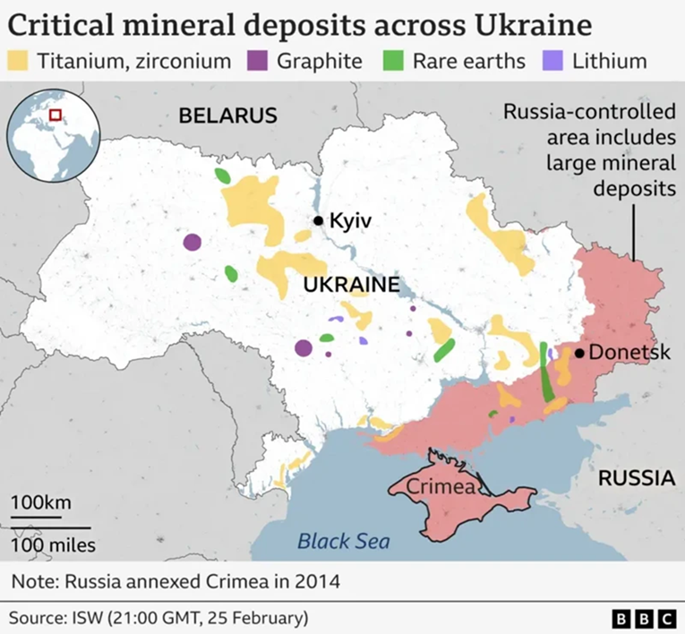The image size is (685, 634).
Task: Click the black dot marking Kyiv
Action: tap(318, 220)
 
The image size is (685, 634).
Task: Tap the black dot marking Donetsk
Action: tap(579, 353)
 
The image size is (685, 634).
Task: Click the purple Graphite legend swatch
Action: tap(260, 61)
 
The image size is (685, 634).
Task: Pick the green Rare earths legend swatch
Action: tap(395, 61)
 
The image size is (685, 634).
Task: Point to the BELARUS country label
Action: tap(227, 116)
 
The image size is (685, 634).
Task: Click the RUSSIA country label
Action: tap(636, 477)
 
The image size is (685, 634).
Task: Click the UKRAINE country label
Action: tap(350, 285)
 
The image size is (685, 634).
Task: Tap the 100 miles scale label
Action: tap(54, 544)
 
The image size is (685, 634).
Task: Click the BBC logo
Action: tap(644, 618)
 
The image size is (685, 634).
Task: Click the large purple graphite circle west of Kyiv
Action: tap(192, 242)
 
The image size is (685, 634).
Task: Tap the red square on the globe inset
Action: tap(56, 115)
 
